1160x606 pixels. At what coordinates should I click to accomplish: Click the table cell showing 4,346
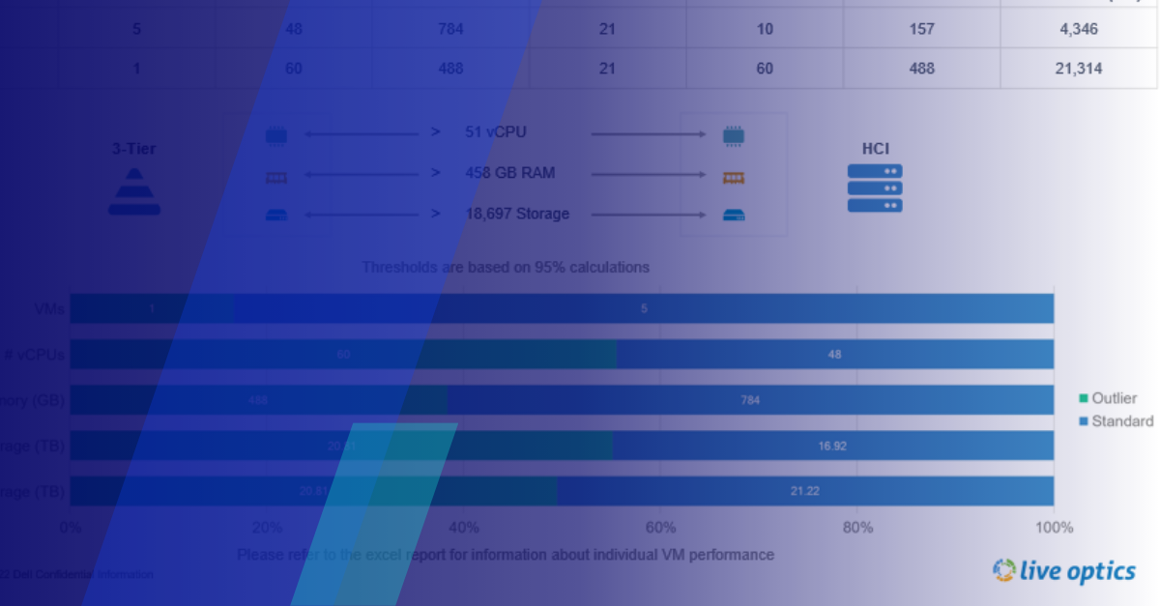coord(1079,29)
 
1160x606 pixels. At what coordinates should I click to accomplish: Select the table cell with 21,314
coord(1079,69)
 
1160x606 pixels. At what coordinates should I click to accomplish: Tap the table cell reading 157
coord(921,29)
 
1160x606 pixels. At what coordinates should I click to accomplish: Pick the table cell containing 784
coord(450,29)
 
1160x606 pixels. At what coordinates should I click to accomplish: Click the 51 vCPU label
coord(496,132)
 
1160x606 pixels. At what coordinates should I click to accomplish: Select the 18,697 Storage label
coord(517,214)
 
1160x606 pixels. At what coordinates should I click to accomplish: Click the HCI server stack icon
coord(875,188)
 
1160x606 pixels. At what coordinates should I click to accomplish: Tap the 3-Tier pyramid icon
coord(134,191)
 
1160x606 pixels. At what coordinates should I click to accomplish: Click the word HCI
coord(876,149)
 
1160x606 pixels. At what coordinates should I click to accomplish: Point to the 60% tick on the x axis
coord(660,528)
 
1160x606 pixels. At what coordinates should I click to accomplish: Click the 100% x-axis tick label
coord(1054,528)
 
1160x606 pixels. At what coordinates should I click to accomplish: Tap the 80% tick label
coord(857,528)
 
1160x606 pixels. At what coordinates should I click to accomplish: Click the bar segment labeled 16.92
coord(833,446)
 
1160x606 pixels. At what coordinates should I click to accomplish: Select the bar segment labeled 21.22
coord(805,491)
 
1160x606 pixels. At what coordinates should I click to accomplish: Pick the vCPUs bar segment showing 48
coord(834,355)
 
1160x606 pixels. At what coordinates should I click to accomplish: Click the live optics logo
coord(1064,571)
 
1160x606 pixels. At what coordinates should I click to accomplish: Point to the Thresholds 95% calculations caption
coord(506,267)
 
